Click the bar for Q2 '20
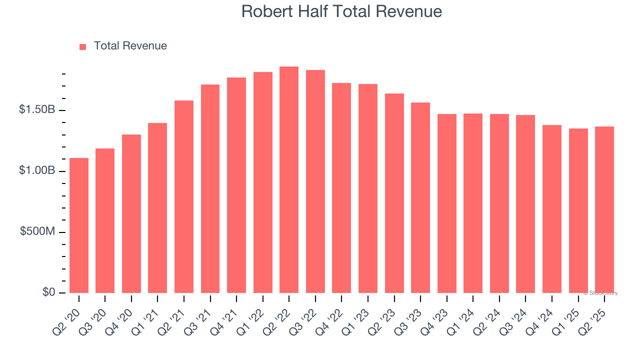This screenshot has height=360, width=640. pos(79,225)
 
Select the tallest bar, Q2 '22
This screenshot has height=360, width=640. pos(289,180)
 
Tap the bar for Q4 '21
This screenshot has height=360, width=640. pos(236,185)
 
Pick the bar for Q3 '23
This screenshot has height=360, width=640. pos(420,198)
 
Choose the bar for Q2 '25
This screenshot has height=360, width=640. pos(604,210)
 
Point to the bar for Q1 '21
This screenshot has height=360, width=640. pos(157,208)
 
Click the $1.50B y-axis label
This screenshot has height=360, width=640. pos(36,109)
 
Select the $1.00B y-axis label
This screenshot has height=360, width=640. pos(36,170)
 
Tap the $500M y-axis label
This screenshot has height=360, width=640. pos(38,231)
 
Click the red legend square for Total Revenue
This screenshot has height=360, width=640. pos(83,46)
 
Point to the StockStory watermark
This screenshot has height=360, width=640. pos(600,293)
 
